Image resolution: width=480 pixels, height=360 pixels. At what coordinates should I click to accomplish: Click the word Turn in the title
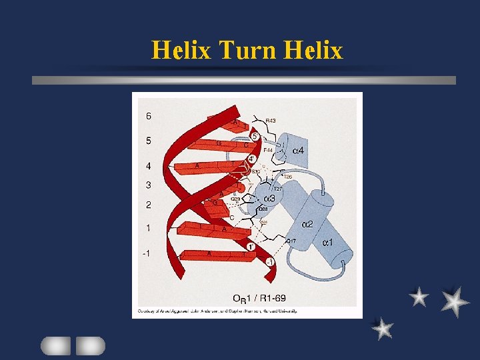point(247,50)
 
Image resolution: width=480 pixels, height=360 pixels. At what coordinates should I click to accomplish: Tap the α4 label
point(299,151)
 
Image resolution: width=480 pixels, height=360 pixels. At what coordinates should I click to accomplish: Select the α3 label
point(269,199)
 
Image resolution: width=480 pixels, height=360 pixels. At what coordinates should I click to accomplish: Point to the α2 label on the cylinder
point(307,224)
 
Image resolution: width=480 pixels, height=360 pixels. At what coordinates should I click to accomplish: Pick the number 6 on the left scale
point(148,116)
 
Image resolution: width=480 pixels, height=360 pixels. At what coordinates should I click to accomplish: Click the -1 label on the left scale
point(147,253)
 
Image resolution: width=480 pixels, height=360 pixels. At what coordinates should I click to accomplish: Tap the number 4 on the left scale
point(148,165)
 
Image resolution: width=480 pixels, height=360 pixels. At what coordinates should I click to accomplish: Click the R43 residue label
point(271,121)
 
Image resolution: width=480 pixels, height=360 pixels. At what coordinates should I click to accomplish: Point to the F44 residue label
point(268,151)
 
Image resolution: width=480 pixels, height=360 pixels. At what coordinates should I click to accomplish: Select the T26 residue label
point(288,177)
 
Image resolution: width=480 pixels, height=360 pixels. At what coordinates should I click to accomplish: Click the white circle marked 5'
point(255,135)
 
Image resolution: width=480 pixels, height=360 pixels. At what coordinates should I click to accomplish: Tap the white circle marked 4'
point(251,159)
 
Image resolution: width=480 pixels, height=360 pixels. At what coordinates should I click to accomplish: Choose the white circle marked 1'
point(251,247)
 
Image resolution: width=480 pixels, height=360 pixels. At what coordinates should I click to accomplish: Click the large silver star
point(455,301)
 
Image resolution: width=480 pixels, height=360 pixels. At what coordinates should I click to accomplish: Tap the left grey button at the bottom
point(55,345)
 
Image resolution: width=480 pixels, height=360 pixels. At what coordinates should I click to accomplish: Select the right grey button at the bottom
point(90,345)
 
